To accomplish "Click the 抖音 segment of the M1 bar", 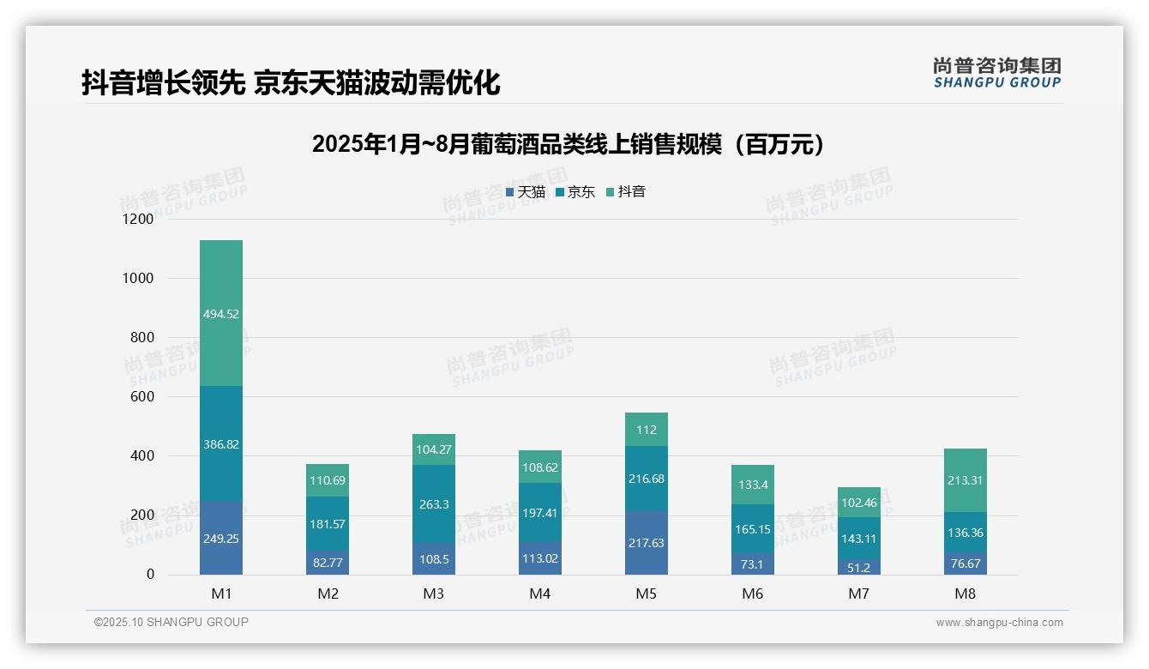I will pyautogui.click(x=221, y=313).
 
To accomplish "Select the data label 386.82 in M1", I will pyautogui.click(x=221, y=444).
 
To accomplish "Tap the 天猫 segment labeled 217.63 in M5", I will pyautogui.click(x=647, y=543).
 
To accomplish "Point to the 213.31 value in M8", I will pyautogui.click(x=966, y=480).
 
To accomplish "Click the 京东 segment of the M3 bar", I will pyautogui.click(x=434, y=504).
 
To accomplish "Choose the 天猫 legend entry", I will pyautogui.click(x=526, y=192).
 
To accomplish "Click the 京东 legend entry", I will pyautogui.click(x=575, y=192).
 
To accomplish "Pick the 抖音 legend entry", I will pyautogui.click(x=626, y=192).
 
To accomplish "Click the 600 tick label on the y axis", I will pyautogui.click(x=141, y=397).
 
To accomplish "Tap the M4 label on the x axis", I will pyautogui.click(x=540, y=594).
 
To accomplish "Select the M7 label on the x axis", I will pyautogui.click(x=859, y=594).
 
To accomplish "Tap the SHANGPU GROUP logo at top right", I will pyautogui.click(x=997, y=73).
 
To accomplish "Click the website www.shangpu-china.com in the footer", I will pyautogui.click(x=999, y=623).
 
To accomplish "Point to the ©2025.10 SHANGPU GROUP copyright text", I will pyautogui.click(x=171, y=622).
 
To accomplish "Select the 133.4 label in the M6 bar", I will pyautogui.click(x=753, y=485).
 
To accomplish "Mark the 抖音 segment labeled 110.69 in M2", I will pyautogui.click(x=328, y=480).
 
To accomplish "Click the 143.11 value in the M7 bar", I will pyautogui.click(x=859, y=539).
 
